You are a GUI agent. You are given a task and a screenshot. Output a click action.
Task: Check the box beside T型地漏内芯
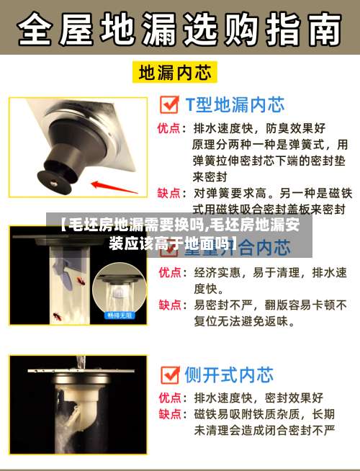point(169,106)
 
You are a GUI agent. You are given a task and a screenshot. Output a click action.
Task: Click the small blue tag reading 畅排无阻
point(120,315)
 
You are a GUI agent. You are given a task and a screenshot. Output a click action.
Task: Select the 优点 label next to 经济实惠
point(169,272)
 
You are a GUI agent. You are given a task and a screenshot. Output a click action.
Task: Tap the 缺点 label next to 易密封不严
point(169,305)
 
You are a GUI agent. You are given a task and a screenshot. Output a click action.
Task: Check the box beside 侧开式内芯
point(169,374)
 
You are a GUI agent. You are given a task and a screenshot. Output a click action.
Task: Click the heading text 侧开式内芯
point(229,375)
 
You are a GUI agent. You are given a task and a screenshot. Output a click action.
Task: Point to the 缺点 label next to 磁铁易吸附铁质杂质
point(169,414)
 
